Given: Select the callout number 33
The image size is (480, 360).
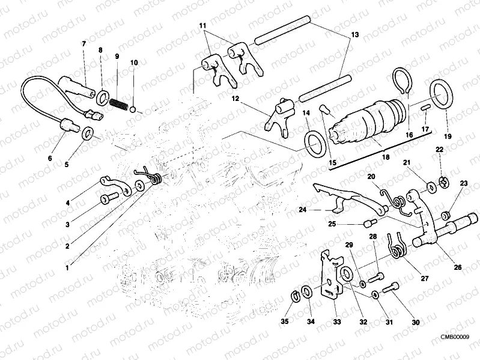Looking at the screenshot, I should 338,322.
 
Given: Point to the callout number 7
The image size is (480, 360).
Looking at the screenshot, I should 84,44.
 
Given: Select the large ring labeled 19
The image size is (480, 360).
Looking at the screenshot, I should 442,96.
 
